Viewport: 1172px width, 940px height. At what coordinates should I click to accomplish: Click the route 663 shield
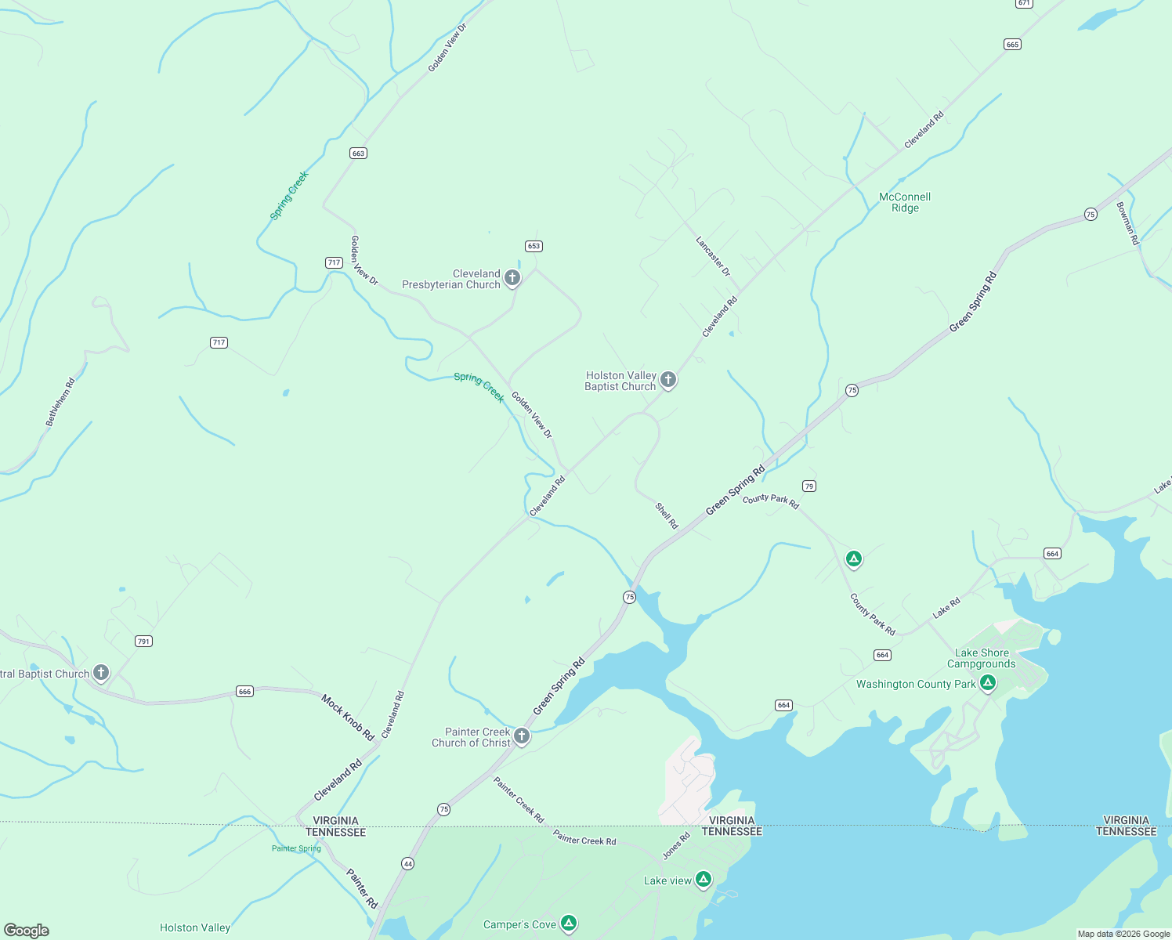pos(358,153)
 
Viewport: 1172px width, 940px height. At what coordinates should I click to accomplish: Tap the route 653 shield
pos(534,246)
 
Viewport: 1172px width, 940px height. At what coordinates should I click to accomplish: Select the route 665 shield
pos(1012,45)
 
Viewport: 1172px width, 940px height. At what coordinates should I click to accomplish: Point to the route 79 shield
pos(809,486)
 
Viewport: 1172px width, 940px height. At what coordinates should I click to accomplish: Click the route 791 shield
pos(143,642)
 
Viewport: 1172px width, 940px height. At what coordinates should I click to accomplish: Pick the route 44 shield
pos(407,863)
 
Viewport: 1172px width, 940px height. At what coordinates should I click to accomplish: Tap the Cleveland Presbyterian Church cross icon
pos(512,277)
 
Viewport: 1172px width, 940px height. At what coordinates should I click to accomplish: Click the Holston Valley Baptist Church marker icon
pos(668,380)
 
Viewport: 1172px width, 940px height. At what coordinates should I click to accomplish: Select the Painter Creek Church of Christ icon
pos(522,736)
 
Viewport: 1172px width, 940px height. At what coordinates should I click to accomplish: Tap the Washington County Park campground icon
pos(988,683)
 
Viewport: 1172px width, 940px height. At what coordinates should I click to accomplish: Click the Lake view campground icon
pos(704,880)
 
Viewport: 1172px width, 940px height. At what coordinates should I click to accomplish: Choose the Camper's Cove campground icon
pos(570,924)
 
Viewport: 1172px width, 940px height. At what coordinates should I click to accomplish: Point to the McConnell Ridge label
pos(905,202)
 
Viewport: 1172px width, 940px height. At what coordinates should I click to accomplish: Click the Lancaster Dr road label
pos(713,256)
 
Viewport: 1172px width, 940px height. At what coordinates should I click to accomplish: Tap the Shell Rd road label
pos(667,515)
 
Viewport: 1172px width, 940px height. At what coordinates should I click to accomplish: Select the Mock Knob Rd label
pos(347,717)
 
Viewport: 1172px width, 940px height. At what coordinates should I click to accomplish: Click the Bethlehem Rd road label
pos(60,402)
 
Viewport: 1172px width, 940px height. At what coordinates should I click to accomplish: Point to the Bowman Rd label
pos(1127,223)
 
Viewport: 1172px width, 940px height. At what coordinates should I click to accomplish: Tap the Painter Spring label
pos(296,848)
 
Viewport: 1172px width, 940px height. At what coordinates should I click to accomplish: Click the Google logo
pos(27,931)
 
